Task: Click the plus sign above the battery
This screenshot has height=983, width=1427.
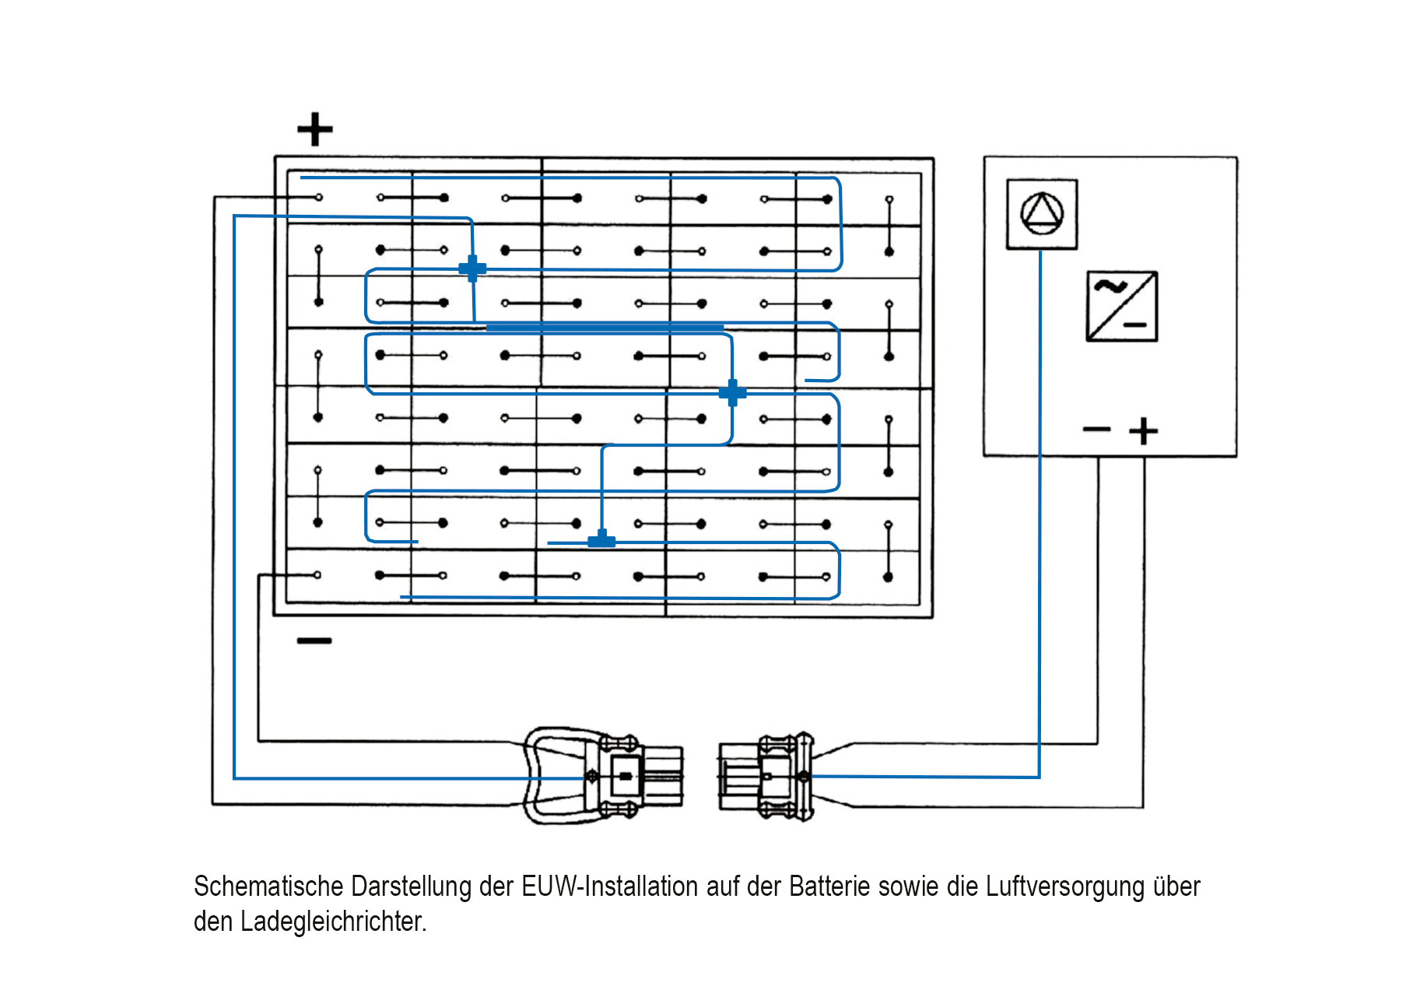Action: coord(314,129)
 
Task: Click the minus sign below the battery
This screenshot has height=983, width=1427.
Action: coord(314,641)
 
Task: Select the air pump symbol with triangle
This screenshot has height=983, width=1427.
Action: coord(1042,214)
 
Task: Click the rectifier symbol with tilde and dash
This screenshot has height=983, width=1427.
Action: coord(1121,306)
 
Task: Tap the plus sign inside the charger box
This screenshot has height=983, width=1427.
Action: coord(1143,430)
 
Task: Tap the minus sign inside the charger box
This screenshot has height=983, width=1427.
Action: coord(1096,429)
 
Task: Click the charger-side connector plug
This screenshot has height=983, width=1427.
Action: coord(766,776)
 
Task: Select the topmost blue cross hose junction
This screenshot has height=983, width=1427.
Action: coord(472,269)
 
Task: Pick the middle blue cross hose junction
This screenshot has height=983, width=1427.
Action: coord(732,393)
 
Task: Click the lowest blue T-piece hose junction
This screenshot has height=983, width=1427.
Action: coord(601,540)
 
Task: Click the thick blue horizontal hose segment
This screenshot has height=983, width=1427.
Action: coord(605,328)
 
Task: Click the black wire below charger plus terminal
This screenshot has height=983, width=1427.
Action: coord(1143,623)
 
